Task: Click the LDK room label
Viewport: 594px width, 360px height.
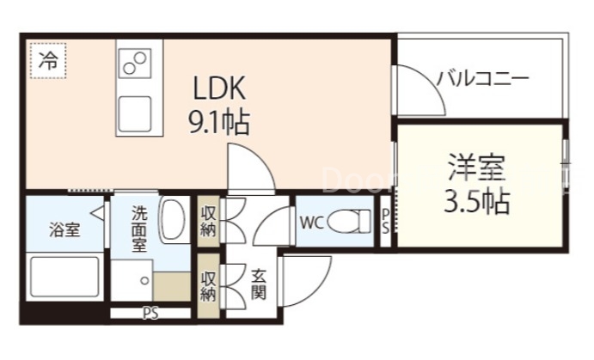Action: pos(219,88)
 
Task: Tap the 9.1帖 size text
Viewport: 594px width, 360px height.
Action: pos(219,124)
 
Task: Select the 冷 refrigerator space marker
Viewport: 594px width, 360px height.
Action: pos(50,61)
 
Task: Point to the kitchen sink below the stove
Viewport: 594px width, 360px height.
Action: pos(134,112)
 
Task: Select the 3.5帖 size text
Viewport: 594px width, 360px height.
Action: pos(475,202)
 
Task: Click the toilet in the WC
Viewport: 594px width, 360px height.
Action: pos(351,221)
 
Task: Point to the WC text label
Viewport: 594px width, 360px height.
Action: pos(310,222)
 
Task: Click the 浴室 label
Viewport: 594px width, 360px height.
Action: pos(64,230)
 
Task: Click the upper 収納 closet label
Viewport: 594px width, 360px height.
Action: pos(208,221)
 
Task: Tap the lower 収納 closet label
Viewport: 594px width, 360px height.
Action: pos(208,285)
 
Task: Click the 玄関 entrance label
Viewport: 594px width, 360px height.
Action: pos(258,285)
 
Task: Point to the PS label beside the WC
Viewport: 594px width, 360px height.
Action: pos(385,221)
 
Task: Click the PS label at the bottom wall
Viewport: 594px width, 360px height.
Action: pos(151,313)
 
